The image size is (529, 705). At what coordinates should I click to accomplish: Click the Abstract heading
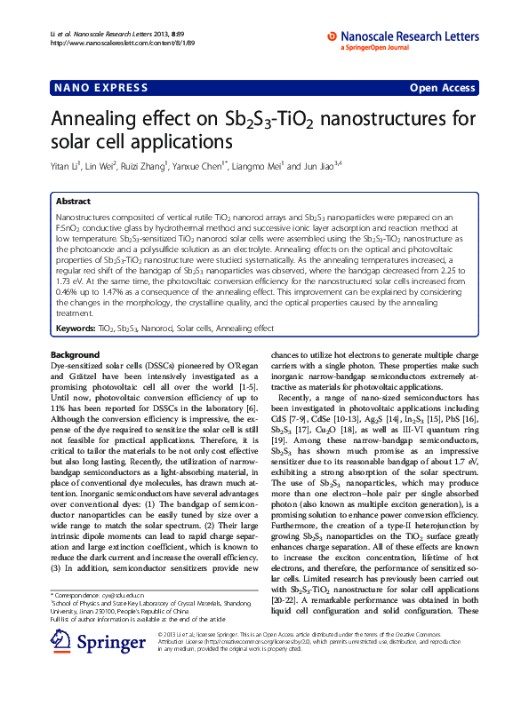tap(73, 202)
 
